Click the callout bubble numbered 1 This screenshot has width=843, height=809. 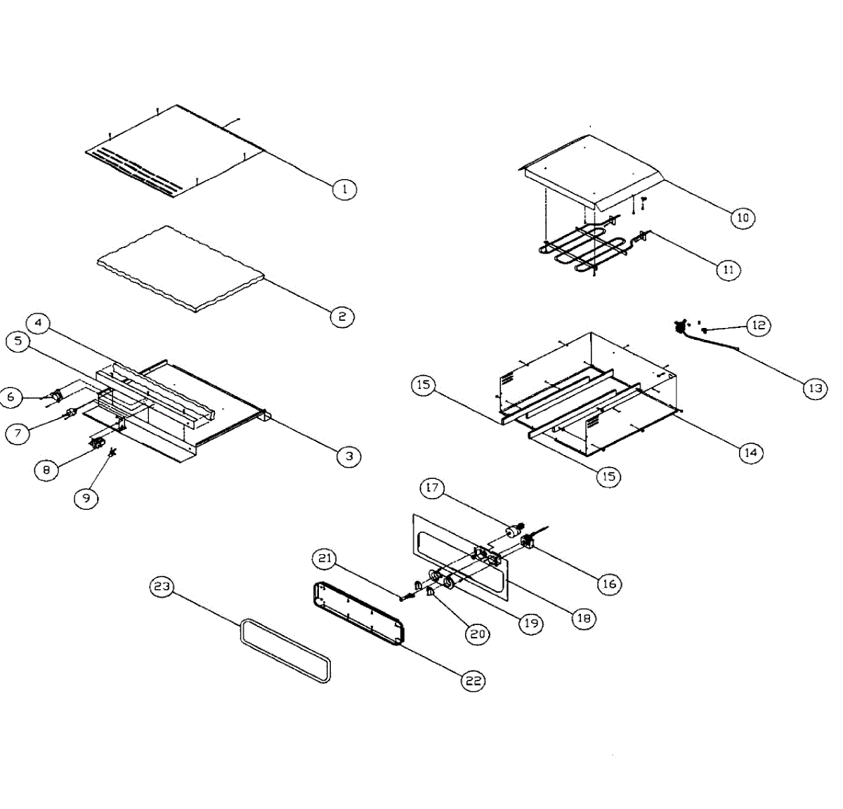[344, 189]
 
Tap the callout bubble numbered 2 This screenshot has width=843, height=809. [342, 317]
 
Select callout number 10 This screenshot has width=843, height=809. [743, 218]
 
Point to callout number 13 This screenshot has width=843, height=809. [815, 388]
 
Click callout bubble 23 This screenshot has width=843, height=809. [162, 586]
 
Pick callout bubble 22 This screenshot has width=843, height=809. [473, 680]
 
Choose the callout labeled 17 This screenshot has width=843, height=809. [433, 488]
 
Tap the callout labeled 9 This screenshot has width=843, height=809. [86, 498]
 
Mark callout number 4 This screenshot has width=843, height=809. [39, 323]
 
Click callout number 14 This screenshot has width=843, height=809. [750, 453]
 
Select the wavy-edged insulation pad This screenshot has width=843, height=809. [181, 267]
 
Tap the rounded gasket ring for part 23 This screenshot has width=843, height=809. [285, 650]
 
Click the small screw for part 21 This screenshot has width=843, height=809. [406, 598]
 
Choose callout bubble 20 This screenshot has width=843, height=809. [478, 633]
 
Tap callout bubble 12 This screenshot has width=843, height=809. [759, 325]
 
